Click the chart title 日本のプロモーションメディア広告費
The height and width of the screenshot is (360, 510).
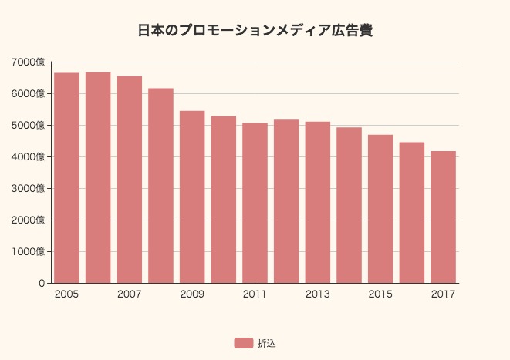click(x=255, y=31)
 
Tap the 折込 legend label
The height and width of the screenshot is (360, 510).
click(x=266, y=343)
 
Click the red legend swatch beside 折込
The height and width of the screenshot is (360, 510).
click(x=243, y=343)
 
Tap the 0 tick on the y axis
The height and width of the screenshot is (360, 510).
click(x=42, y=283)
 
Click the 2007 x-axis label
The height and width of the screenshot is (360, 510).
click(x=129, y=294)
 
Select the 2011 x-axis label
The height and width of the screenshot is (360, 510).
click(x=255, y=294)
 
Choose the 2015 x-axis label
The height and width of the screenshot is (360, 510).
click(x=380, y=294)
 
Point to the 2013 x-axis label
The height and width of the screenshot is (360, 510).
click(x=318, y=294)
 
